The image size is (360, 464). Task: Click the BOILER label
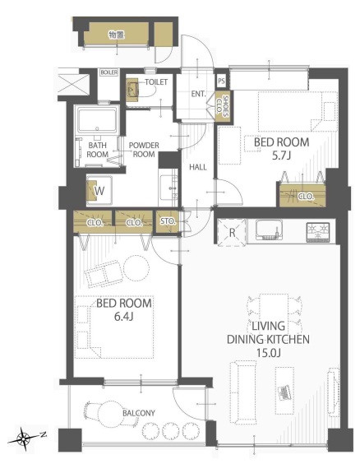(x=109, y=72)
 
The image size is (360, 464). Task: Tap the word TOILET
(x=156, y=82)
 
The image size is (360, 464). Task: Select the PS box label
(x=221, y=81)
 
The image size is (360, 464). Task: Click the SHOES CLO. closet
(x=221, y=106)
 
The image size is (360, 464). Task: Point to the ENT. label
(x=198, y=94)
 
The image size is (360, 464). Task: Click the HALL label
(x=198, y=167)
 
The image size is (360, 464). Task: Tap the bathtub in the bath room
(x=97, y=120)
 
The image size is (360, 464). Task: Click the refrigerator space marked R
(x=232, y=233)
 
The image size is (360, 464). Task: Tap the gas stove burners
(x=318, y=232)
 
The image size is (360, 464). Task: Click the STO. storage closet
(x=168, y=221)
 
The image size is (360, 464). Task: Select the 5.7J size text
(x=282, y=155)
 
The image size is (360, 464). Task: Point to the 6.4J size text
(x=124, y=317)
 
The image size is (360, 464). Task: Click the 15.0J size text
(x=268, y=353)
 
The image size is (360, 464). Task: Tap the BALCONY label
(x=139, y=413)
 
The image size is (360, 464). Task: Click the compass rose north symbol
(x=24, y=438)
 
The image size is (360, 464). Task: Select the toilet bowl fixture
(x=133, y=88)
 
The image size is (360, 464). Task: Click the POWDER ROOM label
(x=144, y=150)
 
